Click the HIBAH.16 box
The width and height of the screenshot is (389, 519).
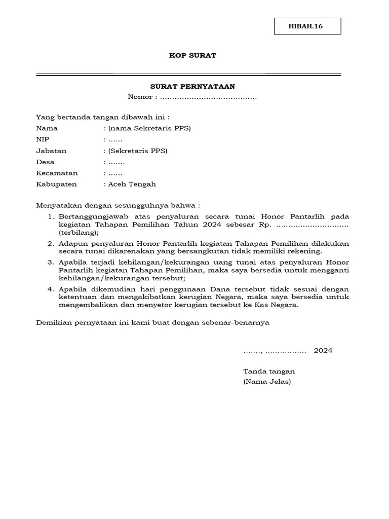pyautogui.click(x=307, y=26)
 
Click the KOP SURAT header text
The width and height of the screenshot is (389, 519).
pyautogui.click(x=192, y=55)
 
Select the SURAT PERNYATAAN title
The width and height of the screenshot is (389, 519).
pyautogui.click(x=192, y=87)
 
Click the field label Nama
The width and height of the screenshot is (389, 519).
pyautogui.click(x=47, y=128)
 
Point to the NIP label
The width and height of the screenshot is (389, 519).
pyautogui.click(x=43, y=139)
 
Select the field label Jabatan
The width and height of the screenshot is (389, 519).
pyautogui.click(x=51, y=151)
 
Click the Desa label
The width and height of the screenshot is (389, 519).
pyautogui.click(x=45, y=162)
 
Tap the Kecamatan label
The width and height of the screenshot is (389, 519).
pyautogui.click(x=57, y=173)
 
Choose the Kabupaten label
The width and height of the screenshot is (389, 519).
pyautogui.click(x=56, y=184)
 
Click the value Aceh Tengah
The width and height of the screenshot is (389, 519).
pyautogui.click(x=132, y=184)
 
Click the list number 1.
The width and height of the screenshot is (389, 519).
pyautogui.click(x=51, y=217)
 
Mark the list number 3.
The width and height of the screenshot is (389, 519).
pyautogui.click(x=51, y=262)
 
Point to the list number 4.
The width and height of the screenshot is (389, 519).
pyautogui.click(x=51, y=289)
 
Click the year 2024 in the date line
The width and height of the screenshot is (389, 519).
pyautogui.click(x=323, y=350)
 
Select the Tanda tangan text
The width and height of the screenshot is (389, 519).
pyautogui.click(x=269, y=371)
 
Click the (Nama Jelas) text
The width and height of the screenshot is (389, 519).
pyautogui.click(x=267, y=382)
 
